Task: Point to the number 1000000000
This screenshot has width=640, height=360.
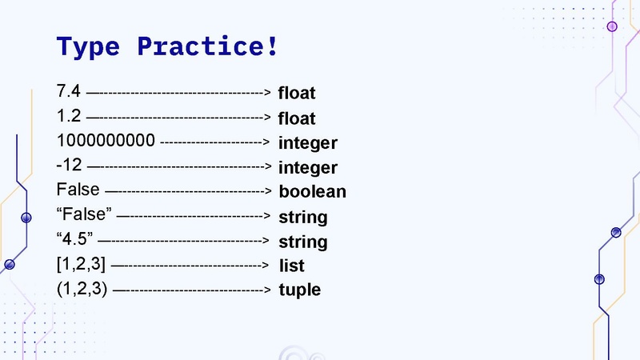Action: click(106, 142)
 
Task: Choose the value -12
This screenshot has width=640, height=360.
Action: click(69, 166)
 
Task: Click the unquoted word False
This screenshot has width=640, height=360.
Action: click(78, 190)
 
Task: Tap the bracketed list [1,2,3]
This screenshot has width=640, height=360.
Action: click(82, 265)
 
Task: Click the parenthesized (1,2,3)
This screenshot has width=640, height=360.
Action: click(82, 289)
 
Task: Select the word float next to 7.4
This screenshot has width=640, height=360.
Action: click(297, 94)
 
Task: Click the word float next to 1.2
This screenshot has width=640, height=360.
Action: click(297, 118)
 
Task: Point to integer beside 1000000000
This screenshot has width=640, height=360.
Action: click(308, 144)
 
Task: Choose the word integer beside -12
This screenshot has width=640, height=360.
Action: click(308, 168)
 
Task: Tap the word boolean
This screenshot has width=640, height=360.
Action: click(312, 192)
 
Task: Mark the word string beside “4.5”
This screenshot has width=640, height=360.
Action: click(302, 242)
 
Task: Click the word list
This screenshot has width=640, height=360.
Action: click(291, 266)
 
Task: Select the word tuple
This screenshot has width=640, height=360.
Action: click(299, 290)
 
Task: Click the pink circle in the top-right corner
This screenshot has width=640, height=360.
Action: click(612, 26)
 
